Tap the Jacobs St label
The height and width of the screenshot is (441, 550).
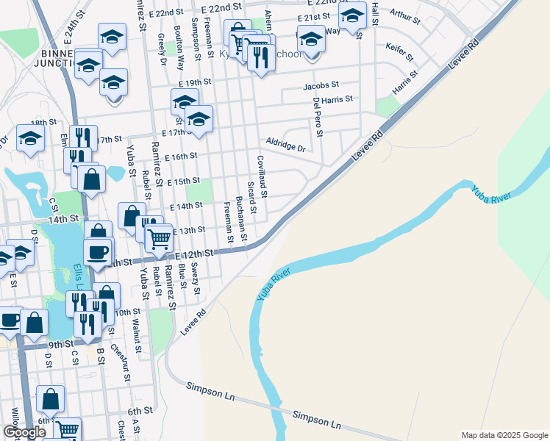tap(321, 86)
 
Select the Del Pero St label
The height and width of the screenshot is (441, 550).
tap(317, 118)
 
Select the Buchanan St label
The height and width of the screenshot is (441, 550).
tap(240, 213)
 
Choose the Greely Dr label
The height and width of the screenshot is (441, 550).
tap(162, 51)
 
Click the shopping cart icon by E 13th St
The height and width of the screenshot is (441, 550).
tap(159, 237)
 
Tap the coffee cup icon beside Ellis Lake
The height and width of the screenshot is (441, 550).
tap(98, 252)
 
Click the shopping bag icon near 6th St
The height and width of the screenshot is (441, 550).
tap(50, 399)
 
